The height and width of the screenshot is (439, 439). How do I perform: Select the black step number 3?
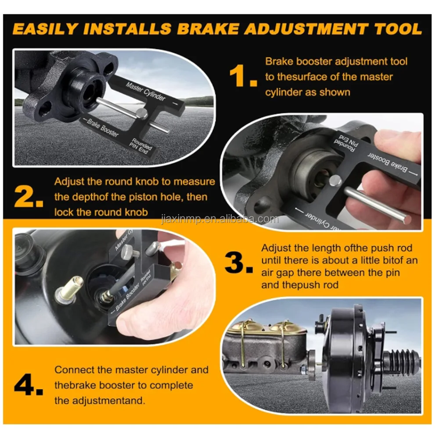point(238,263)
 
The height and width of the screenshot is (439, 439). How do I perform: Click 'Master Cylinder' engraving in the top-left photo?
point(146,91)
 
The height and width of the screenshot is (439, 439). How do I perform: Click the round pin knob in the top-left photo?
point(141,114)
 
